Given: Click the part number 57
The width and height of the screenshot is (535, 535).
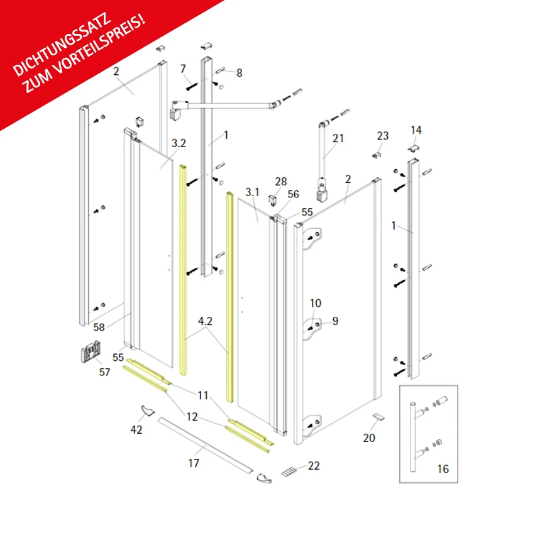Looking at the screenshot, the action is click(105, 372).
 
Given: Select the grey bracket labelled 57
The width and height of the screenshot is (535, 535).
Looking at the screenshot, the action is click(91, 351).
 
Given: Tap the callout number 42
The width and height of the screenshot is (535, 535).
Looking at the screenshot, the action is click(136, 429).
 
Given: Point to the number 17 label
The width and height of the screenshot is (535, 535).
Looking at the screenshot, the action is click(194, 463).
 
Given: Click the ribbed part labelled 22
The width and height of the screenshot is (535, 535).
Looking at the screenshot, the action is click(289, 472).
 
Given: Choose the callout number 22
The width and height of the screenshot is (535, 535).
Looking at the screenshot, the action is click(314, 466).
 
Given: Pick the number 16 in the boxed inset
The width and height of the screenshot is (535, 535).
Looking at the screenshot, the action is click(443, 469).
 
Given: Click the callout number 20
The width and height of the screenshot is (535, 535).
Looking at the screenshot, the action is click(369, 438).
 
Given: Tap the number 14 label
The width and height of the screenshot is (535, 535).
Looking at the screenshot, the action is click(416, 130).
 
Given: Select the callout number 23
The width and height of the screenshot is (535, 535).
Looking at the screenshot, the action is click(383, 136).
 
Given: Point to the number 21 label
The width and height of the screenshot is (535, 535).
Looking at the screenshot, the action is click(338, 138).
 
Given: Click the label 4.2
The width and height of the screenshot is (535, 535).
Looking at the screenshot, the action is click(205, 321).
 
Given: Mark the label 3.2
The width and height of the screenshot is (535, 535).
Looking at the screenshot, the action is click(179, 143).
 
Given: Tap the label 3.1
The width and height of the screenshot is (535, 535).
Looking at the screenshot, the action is click(253, 192).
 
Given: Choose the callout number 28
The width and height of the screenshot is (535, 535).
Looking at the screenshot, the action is click(281, 182).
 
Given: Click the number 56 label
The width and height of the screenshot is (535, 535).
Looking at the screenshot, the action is click(294, 194).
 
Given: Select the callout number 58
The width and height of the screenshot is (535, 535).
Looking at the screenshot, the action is click(99, 327).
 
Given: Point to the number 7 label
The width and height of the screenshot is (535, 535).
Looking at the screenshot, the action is click(183, 69).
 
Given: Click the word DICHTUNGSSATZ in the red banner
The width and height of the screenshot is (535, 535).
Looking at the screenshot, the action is click(62, 45).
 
